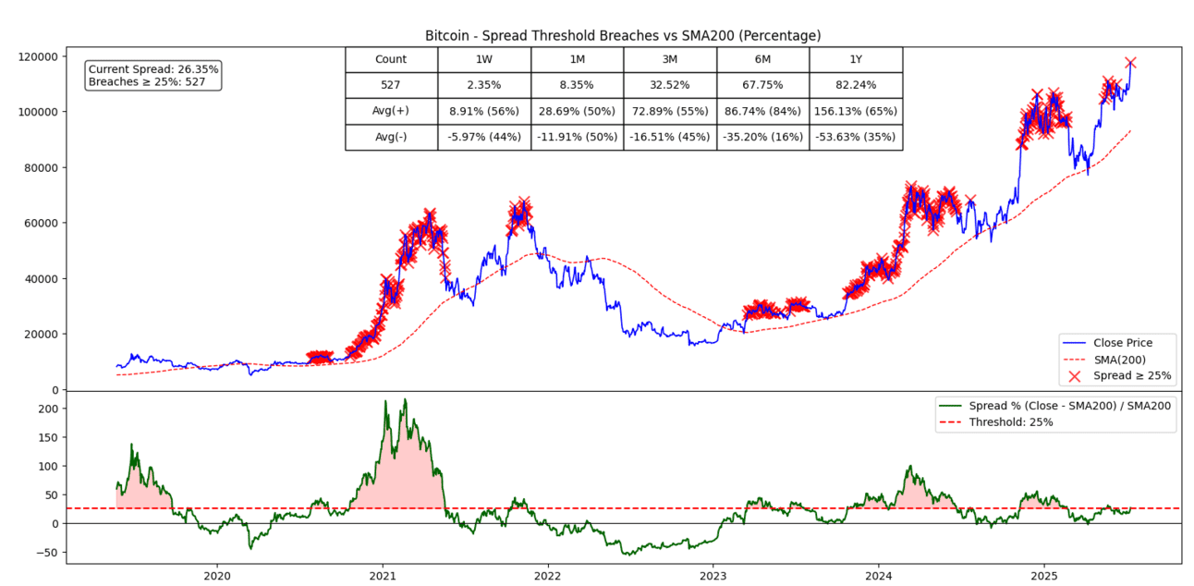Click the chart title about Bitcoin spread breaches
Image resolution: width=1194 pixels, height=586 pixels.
click(622, 35)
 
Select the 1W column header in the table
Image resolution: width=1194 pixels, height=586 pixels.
click(484, 59)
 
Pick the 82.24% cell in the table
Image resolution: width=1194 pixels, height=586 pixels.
click(855, 85)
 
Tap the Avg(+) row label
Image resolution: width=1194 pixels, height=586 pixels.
click(391, 111)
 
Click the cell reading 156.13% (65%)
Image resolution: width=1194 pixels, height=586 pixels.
click(855, 111)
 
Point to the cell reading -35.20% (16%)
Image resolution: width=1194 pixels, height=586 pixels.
click(762, 137)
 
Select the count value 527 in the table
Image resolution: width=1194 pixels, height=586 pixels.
click(391, 85)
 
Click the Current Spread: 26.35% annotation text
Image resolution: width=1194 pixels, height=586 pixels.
click(153, 69)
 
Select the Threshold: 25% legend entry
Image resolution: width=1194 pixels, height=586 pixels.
click(1011, 421)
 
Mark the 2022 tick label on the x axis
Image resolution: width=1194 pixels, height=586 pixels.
click(548, 573)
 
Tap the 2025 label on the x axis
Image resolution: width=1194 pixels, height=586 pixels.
click(1043, 573)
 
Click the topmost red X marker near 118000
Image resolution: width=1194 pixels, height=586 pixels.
click(1130, 63)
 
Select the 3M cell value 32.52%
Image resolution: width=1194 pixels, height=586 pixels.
click(669, 85)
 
